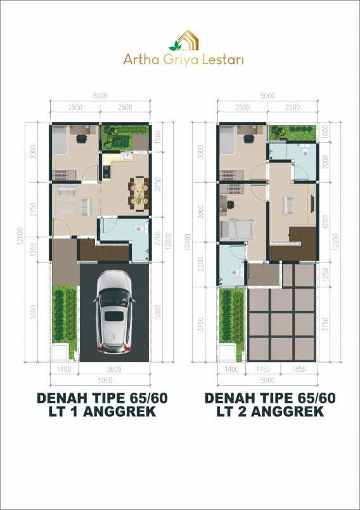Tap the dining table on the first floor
tap(138, 192)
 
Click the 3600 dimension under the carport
tap(114, 369)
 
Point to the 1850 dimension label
tap(300, 369)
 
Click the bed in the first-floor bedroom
tap(60, 140)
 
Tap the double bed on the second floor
tap(236, 226)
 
